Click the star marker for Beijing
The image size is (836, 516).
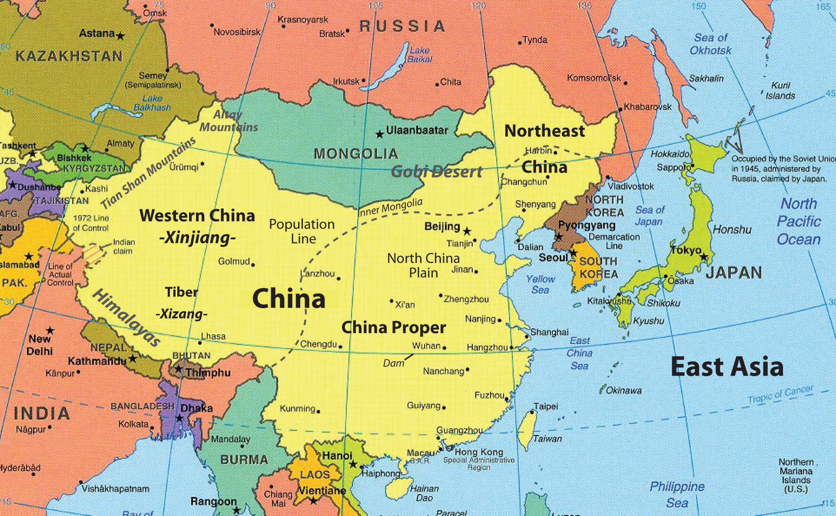pyautogui.click(x=467, y=231)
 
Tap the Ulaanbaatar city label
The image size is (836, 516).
pyautogui.click(x=417, y=130)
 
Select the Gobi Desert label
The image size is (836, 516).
pyautogui.click(x=436, y=172)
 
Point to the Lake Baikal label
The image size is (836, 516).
pyautogui.click(x=419, y=55)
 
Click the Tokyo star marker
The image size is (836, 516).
pyautogui.click(x=703, y=257)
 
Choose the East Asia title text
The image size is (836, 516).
pyautogui.click(x=727, y=367)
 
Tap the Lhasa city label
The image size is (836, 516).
pyautogui.click(x=213, y=336)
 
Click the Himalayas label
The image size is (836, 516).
pyautogui.click(x=126, y=318)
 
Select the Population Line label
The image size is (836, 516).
pyautogui.click(x=302, y=231)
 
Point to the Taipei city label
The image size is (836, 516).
pyautogui.click(x=546, y=407)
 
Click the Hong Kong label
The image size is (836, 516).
pyautogui.click(x=479, y=452)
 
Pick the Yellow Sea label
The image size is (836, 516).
pyautogui.click(x=541, y=284)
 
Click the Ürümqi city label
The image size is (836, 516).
pyautogui.click(x=184, y=167)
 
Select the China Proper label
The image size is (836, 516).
pyautogui.click(x=394, y=327)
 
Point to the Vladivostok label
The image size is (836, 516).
pyautogui.click(x=630, y=186)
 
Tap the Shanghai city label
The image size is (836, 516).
pyautogui.click(x=549, y=332)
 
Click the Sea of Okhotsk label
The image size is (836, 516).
pyautogui.click(x=710, y=44)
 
